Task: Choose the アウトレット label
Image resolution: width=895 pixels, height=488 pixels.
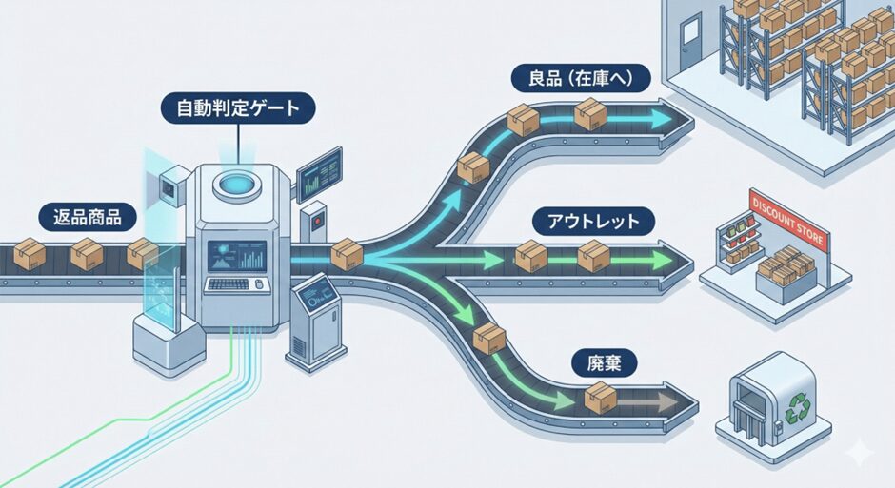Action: [587, 223]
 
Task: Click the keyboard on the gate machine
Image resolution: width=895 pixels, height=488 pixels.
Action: [232, 283]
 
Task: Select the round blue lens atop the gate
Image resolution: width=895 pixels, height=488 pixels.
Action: [233, 182]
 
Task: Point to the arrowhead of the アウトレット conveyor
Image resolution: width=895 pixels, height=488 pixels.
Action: [681, 258]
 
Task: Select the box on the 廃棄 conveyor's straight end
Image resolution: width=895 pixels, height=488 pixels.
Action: [599, 398]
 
